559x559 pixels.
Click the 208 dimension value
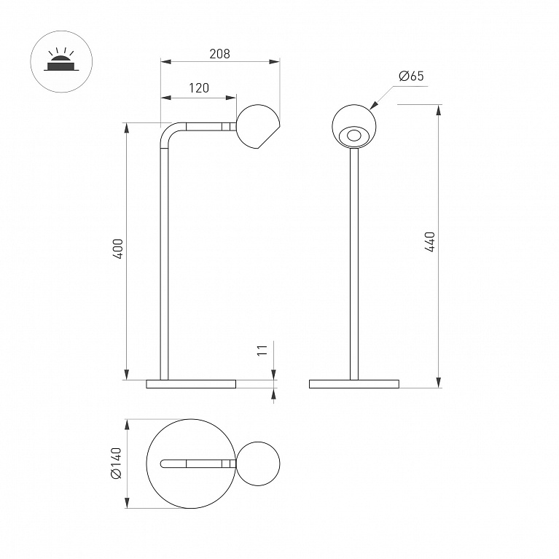point(219,54)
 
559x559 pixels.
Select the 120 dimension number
point(199,87)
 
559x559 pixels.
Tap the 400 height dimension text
point(117,249)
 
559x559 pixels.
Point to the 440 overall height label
point(430,242)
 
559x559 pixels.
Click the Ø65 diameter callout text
point(411,76)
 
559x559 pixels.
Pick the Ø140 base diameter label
point(116,463)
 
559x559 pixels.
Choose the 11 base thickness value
point(262,350)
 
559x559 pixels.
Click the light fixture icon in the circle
point(61,59)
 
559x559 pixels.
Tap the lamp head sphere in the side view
point(258,127)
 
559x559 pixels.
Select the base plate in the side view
point(191,384)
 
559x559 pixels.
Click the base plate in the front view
point(354,384)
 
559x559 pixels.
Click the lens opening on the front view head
point(354,136)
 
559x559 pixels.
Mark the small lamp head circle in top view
point(258,464)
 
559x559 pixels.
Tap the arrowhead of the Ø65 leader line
point(373,105)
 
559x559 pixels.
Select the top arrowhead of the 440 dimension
point(439,110)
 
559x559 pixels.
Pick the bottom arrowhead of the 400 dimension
point(126,375)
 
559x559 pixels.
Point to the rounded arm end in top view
point(164,464)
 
